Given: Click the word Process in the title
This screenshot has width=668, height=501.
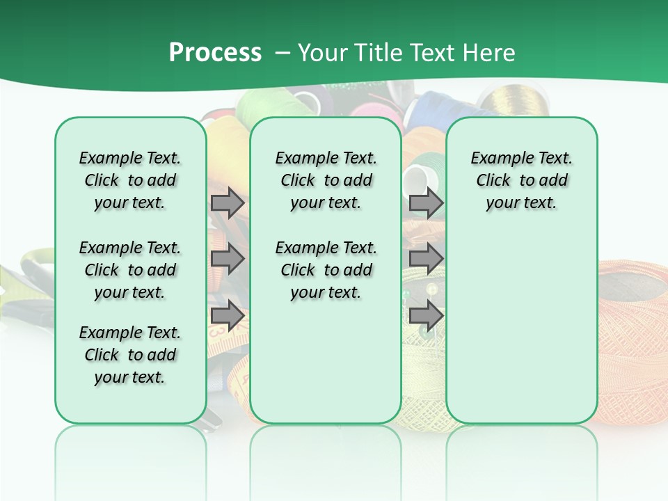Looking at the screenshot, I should tap(215, 53).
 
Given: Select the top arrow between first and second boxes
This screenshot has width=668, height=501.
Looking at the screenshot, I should tap(228, 202).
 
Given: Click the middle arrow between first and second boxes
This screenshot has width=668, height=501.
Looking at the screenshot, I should tap(228, 259).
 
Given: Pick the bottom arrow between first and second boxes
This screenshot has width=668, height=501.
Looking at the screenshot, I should tap(228, 316).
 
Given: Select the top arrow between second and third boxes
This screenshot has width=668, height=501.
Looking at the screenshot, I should tap(426, 202).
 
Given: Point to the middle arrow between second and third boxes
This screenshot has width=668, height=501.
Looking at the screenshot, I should tap(426, 259).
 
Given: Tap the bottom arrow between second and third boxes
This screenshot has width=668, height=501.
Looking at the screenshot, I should tap(426, 316).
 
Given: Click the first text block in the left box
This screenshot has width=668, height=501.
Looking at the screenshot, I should tap(130, 180).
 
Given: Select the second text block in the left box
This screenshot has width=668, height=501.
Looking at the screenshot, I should tap(130, 270).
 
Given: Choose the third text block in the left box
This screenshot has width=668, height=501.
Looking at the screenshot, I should tap(130, 355).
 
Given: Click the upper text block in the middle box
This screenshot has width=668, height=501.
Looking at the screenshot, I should tap(326, 180).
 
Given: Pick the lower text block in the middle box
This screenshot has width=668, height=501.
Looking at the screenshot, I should tap(326, 270).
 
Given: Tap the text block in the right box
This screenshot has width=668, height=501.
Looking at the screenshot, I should tap(522, 180).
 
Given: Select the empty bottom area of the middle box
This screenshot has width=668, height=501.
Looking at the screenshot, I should tap(326, 369).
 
